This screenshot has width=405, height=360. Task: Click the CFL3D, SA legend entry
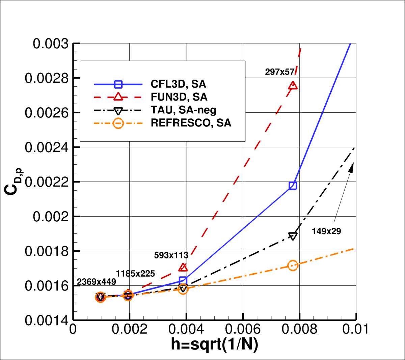click(178, 84)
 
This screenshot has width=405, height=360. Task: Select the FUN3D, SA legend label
click(179, 97)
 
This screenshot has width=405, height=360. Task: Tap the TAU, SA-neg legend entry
click(183, 110)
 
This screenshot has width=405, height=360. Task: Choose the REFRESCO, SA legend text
click(191, 123)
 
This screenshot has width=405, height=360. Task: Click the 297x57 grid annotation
click(280, 72)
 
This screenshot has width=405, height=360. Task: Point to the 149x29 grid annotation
click(326, 231)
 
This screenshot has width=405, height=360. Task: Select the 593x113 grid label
click(171, 255)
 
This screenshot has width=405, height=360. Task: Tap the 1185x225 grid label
click(135, 274)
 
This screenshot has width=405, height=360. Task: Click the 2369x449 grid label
click(97, 282)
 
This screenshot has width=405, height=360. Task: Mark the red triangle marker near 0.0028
click(293, 86)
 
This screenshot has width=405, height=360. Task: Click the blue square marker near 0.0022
click(293, 186)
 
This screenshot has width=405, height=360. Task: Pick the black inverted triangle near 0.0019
click(293, 236)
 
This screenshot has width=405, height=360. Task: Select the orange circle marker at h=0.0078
click(293, 266)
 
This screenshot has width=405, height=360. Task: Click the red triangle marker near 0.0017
click(183, 268)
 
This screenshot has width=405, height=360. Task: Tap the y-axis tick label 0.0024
click(47, 147)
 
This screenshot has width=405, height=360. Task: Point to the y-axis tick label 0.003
click(51, 44)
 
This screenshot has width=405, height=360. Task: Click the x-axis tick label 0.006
click(243, 329)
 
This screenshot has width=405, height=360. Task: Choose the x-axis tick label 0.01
click(355, 329)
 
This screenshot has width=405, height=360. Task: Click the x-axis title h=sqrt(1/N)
click(215, 344)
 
